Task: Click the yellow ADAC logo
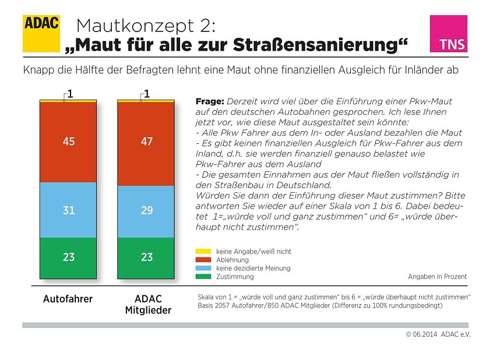pyautogui.click(x=41, y=33)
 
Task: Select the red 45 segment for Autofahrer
pyautogui.click(x=68, y=142)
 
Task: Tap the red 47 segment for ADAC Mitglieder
pyautogui.click(x=146, y=143)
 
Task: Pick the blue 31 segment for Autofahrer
pyautogui.click(x=68, y=210)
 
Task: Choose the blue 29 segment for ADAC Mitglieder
pyautogui.click(x=146, y=211)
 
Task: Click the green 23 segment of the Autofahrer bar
pyautogui.click(x=68, y=257)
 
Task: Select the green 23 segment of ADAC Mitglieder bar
pyautogui.click(x=146, y=257)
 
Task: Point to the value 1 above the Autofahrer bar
pyautogui.click(x=69, y=93)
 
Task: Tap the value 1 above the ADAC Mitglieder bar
pyautogui.click(x=147, y=93)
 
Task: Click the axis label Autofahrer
pyautogui.click(x=68, y=299)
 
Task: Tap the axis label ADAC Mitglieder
pyautogui.click(x=148, y=305)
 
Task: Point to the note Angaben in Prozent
pyautogui.click(x=437, y=277)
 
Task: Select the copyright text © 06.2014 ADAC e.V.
pyautogui.click(x=438, y=334)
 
